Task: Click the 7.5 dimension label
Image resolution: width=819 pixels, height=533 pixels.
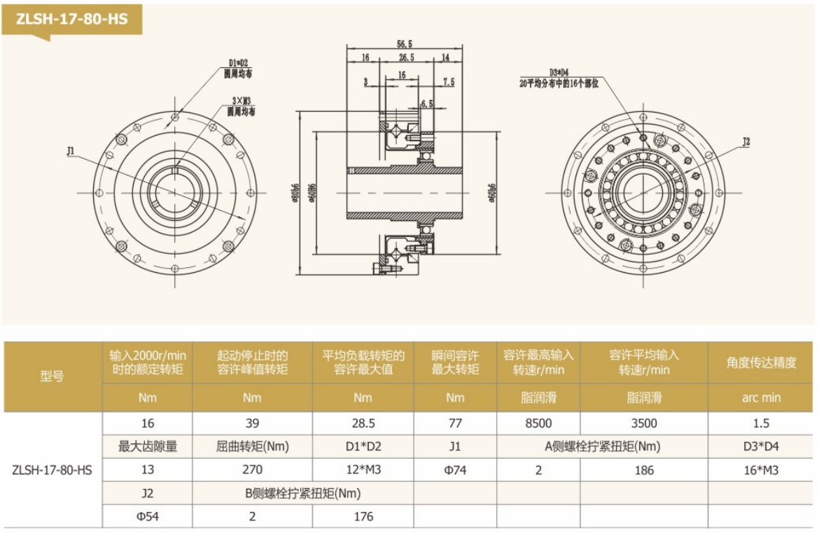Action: pyautogui.click(x=448, y=82)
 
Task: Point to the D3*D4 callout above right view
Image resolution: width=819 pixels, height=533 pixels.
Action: pyautogui.click(x=559, y=72)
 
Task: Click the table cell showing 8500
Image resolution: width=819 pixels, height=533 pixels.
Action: pyautogui.click(x=538, y=423)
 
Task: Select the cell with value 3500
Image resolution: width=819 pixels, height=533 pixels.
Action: pyautogui.click(x=644, y=423)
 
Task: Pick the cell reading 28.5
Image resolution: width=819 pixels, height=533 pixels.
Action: pyautogui.click(x=363, y=423)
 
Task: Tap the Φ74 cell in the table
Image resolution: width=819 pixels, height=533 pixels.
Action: pyautogui.click(x=455, y=470)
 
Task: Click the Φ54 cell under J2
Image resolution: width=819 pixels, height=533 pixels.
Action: pyautogui.click(x=147, y=517)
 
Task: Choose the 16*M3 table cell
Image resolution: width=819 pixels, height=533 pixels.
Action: pyautogui.click(x=761, y=470)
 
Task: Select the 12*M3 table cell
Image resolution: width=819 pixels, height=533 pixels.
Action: pyautogui.click(x=363, y=470)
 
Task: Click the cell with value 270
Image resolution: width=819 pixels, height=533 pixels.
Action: pyautogui.click(x=252, y=470)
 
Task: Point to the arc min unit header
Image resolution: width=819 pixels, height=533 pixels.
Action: pyautogui.click(x=761, y=398)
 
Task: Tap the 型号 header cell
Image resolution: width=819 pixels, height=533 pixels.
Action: pyautogui.click(x=52, y=376)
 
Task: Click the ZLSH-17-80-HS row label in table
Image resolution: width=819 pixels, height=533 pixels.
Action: pyautogui.click(x=52, y=470)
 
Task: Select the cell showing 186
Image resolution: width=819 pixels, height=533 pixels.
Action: pyautogui.click(x=644, y=470)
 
